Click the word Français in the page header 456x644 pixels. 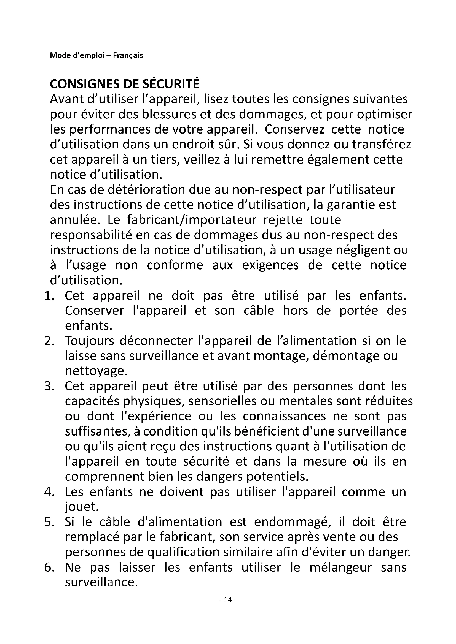point(128,55)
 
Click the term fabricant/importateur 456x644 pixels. point(192,220)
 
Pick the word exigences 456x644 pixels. point(270,265)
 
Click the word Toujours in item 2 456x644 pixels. point(90,341)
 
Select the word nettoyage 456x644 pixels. point(96,371)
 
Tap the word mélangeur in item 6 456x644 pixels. point(340,567)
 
